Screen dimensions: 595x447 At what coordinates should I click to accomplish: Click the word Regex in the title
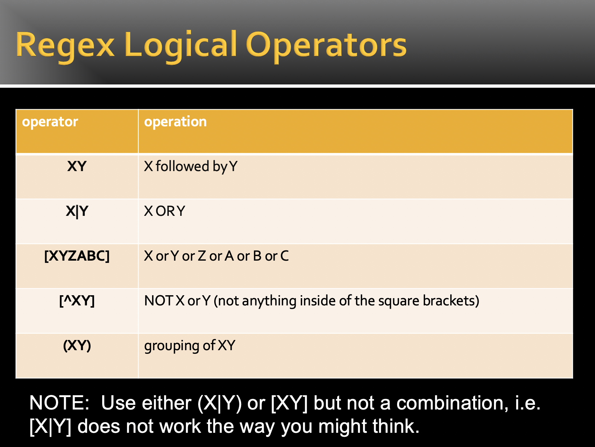coord(65,45)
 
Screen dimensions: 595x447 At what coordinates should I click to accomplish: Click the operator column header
coord(50,122)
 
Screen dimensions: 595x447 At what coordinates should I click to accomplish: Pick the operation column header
coord(175,122)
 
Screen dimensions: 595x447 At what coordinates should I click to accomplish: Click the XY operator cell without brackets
coord(77,166)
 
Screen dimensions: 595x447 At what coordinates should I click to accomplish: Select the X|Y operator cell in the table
coord(77,211)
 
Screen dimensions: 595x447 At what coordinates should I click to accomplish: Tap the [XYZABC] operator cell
coord(77,256)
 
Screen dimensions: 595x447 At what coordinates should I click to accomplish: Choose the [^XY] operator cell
coord(77,301)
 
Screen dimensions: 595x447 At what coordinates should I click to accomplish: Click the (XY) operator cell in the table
coord(77,345)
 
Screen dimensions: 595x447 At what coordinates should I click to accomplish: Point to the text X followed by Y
coord(191,166)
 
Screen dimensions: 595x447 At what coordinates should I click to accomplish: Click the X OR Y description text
coord(164,211)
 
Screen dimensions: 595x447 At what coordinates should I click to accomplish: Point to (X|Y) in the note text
coord(220,403)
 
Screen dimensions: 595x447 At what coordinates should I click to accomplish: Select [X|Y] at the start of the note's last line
coord(51,427)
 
